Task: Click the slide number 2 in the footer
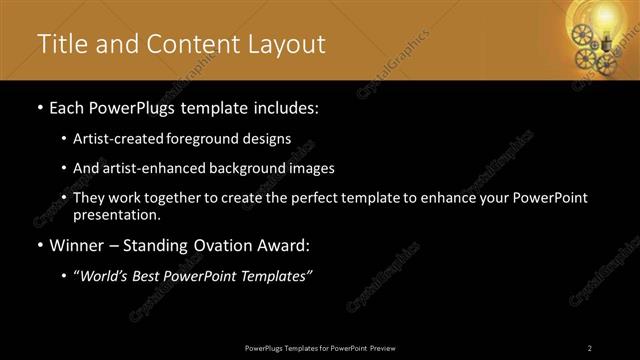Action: [590, 347]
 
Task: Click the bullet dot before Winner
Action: [39, 246]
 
